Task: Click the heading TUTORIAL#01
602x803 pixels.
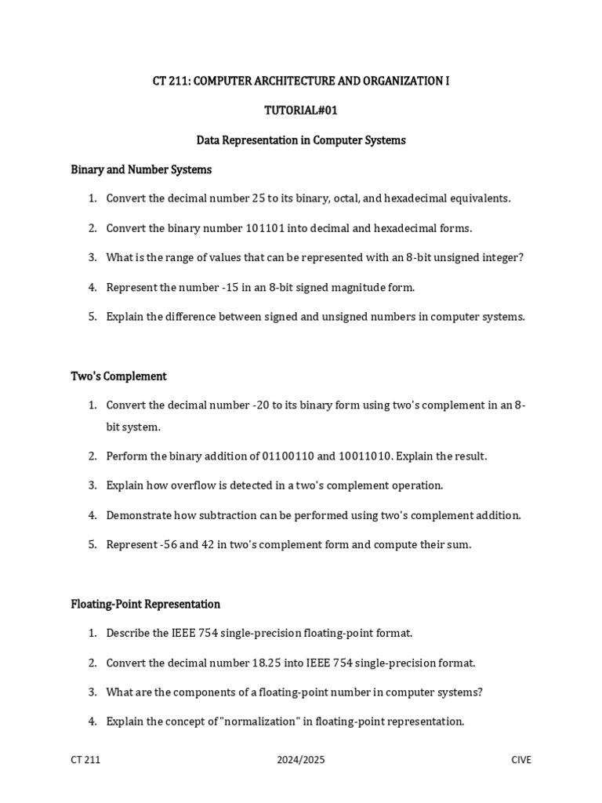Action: pyautogui.click(x=301, y=111)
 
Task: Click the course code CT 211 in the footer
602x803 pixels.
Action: pyautogui.click(x=85, y=760)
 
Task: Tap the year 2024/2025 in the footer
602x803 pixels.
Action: pyautogui.click(x=301, y=760)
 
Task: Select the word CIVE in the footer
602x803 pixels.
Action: pyautogui.click(x=520, y=760)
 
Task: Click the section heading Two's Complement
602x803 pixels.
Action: pyautogui.click(x=118, y=376)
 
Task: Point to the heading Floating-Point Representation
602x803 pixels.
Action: pyautogui.click(x=145, y=604)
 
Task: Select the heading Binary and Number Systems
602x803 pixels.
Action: pyautogui.click(x=141, y=169)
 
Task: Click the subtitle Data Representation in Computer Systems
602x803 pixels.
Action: pyautogui.click(x=301, y=140)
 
